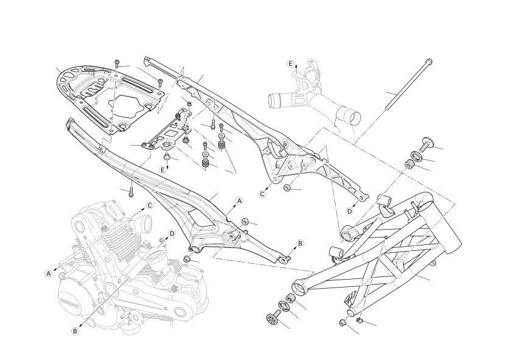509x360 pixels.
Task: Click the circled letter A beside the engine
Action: tap(48, 274)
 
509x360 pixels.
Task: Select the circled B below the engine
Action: tap(75, 331)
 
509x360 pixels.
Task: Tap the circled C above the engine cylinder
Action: tap(149, 205)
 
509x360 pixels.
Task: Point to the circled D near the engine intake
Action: tap(172, 233)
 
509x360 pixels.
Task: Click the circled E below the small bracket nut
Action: tap(163, 169)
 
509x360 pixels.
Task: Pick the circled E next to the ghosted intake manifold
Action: tap(290, 63)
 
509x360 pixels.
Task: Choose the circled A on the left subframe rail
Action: tap(239, 200)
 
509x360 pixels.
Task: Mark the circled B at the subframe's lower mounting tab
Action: tap(300, 243)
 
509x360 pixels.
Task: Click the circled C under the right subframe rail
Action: tap(263, 194)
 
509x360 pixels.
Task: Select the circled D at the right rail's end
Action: tap(349, 211)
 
